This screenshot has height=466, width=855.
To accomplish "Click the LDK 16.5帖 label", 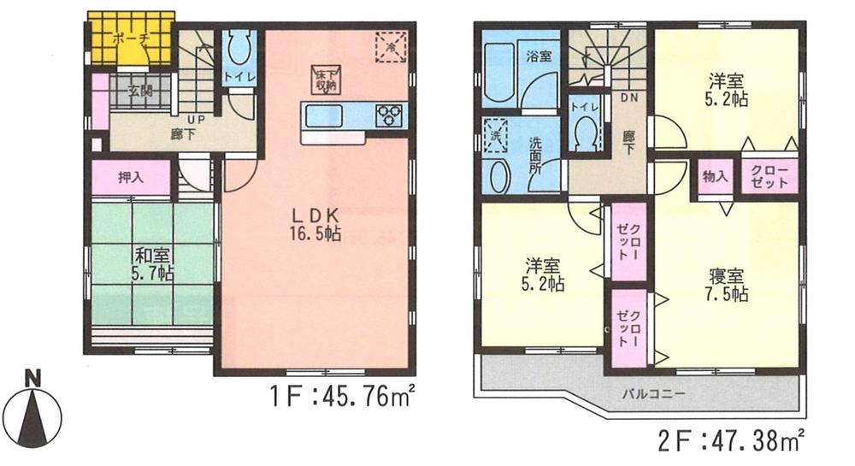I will click(x=314, y=224).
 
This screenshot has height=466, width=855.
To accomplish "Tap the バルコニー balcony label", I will click(x=652, y=394).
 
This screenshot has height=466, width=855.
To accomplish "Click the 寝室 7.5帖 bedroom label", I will click(x=728, y=285).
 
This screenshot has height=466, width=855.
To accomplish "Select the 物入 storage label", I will click(x=715, y=177).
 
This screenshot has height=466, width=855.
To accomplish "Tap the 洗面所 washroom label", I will click(x=536, y=151).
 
